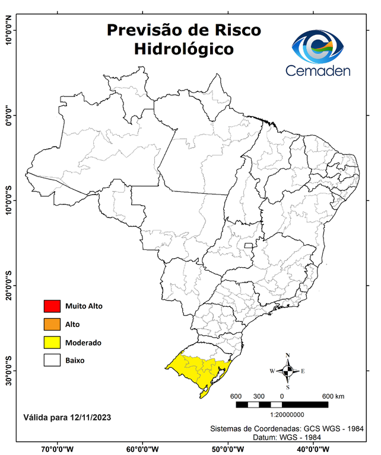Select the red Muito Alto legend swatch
coord(52,306)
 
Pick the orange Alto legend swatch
coord(52,324)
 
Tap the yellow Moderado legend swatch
coord(52,342)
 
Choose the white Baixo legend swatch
coord(52,360)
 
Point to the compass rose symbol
coord(287,371)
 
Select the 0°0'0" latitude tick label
coord(9,115)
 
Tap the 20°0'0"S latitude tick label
coord(9,285)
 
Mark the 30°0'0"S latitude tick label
coord(9,370)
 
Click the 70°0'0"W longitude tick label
coord(58,448)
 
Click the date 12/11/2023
coord(88,417)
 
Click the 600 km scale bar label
coord(333,396)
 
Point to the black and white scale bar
coord(282,405)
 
